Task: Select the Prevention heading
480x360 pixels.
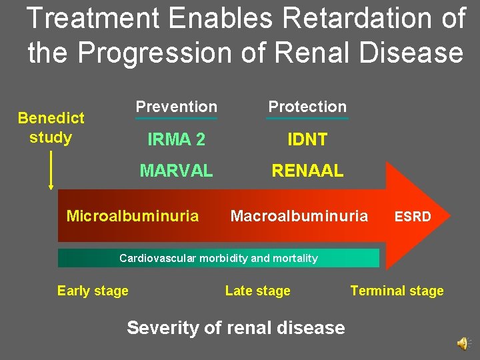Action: [176, 107]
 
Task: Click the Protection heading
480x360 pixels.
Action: [307, 107]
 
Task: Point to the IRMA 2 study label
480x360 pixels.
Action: [176, 139]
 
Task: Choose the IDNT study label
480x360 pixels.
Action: [307, 139]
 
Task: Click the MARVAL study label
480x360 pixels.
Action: [176, 171]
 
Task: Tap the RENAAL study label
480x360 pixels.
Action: [307, 171]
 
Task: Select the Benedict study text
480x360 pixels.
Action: [51, 127]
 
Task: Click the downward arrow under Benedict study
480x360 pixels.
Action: [51, 170]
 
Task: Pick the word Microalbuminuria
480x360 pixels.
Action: [133, 216]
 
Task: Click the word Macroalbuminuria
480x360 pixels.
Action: [299, 216]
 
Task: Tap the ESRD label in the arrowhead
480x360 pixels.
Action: [413, 217]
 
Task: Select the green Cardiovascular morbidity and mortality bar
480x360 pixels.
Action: [218, 258]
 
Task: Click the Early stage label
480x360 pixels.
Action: [93, 291]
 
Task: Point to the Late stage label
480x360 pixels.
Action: [258, 291]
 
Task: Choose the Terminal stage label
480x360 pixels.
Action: [397, 291]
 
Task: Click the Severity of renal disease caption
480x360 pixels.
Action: [236, 328]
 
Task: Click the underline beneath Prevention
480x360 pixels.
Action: [176, 119]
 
